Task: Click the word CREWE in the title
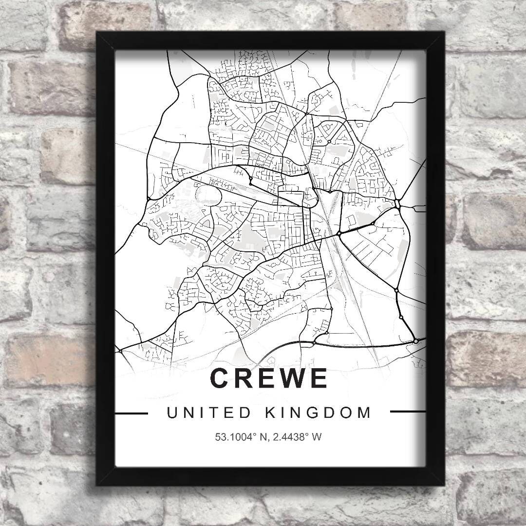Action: [269, 378]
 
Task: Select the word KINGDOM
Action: [319, 413]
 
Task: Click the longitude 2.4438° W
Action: [298, 437]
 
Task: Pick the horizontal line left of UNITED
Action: [131, 413]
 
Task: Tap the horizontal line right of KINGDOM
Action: [408, 412]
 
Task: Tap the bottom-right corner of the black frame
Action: [444, 485]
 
